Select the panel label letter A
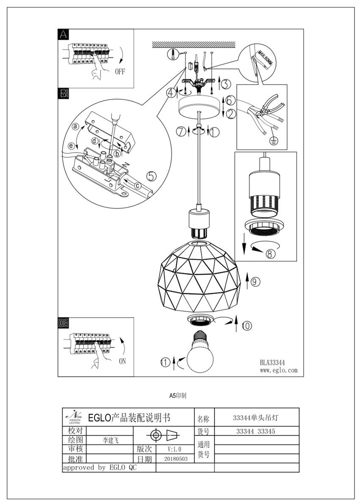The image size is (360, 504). pos(63,35)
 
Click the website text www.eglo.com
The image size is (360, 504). pos(278,370)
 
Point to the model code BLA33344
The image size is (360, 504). pos(272,362)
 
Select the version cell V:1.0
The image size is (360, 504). pos(174,449)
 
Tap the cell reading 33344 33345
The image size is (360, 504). pos(257,431)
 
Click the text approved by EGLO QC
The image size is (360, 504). pos(100,468)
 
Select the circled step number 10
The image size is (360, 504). pos(247,326)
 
